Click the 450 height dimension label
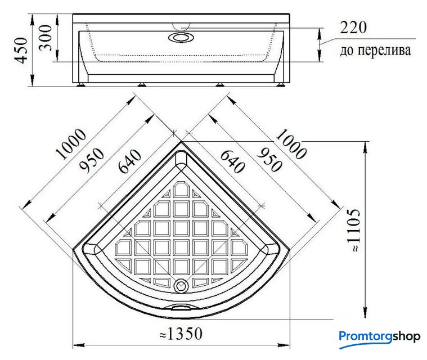(x=21, y=51)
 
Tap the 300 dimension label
(x=45, y=38)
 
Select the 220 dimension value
(x=353, y=28)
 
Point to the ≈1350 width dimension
(x=181, y=334)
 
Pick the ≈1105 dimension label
(x=354, y=231)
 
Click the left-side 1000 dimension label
(x=71, y=144)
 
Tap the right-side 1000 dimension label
(x=291, y=144)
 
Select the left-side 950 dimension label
(x=92, y=161)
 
